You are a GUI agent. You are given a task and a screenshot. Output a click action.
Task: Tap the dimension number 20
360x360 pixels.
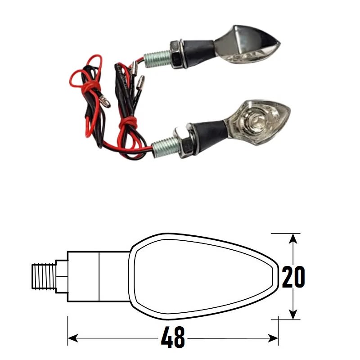point(293,277)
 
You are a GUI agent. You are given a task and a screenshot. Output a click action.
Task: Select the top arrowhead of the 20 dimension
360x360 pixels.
point(293,238)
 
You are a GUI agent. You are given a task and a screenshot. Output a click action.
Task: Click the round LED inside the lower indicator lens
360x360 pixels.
point(255,121)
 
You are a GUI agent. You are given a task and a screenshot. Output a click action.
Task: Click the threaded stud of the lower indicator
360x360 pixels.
point(164,147)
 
